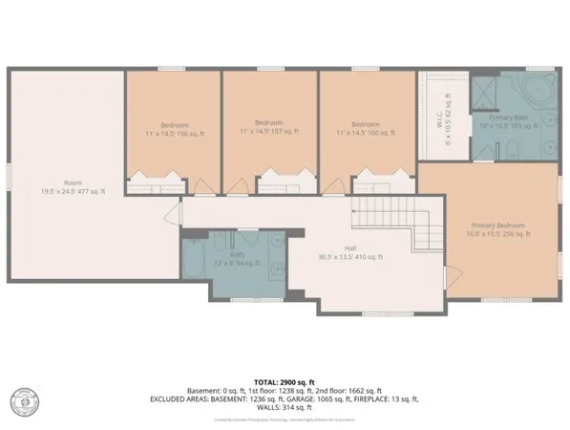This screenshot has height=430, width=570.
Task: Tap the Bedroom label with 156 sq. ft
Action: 174,128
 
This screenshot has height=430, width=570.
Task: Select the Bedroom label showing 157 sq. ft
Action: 269,128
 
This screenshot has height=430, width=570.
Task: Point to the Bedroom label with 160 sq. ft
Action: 367,128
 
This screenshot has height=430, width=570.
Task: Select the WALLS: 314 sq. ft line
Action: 285,406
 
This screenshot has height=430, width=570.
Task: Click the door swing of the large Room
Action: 174,216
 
